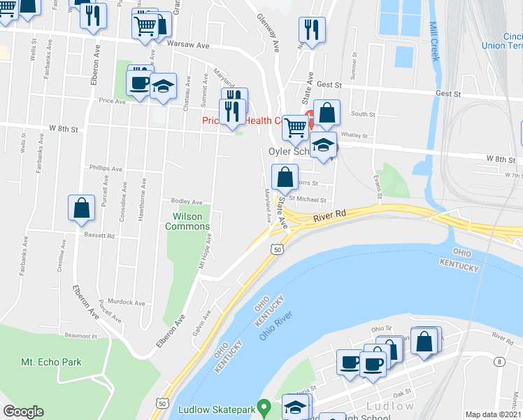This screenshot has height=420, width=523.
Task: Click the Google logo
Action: tap(23, 412)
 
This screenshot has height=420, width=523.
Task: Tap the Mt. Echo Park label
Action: tap(51, 362)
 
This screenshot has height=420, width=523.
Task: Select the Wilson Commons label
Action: tap(183, 221)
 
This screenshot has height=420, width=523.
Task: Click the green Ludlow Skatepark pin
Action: tap(264, 406)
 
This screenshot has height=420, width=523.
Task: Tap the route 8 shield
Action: tap(499, 361)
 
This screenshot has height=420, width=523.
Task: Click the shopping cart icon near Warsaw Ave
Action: tap(145, 27)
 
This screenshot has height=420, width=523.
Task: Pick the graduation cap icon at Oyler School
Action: tap(323, 145)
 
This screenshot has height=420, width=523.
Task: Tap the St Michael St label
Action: tap(308, 199)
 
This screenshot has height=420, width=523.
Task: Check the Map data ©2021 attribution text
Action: tap(493, 414)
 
